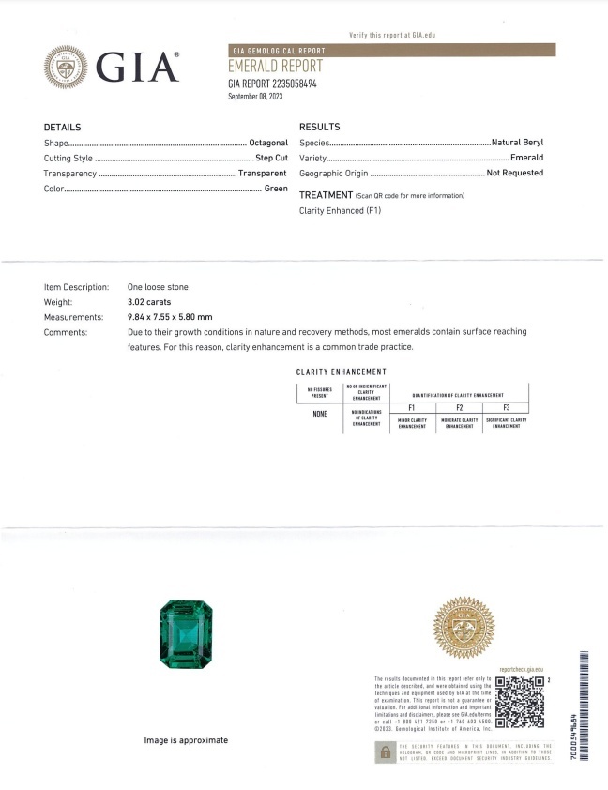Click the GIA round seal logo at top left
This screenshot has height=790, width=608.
click(x=66, y=68)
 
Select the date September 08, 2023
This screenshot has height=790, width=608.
click(x=255, y=97)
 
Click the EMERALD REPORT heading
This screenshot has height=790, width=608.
click(x=275, y=66)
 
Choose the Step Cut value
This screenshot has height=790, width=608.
click(x=271, y=158)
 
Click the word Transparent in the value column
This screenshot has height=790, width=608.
click(x=262, y=174)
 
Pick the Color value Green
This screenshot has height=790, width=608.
click(x=275, y=189)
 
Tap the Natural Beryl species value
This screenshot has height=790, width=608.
click(x=517, y=143)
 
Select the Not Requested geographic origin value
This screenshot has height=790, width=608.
click(x=514, y=174)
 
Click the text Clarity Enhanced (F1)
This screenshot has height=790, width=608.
click(x=340, y=210)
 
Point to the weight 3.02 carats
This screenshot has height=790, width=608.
click(x=153, y=302)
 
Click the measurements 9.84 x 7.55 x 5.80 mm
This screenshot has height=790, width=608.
click(x=170, y=317)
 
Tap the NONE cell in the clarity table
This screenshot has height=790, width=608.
click(x=319, y=414)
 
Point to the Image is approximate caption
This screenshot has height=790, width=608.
click(x=186, y=740)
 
